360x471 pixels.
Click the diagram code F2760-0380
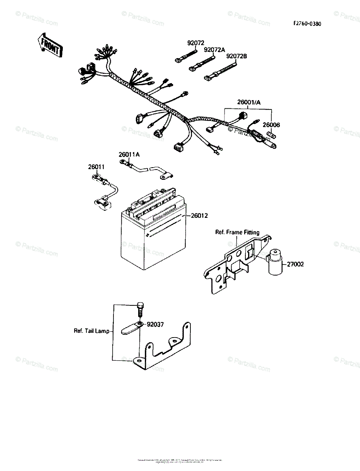[x=307, y=24]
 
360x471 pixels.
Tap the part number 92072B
[x=236, y=57]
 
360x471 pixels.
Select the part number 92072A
[x=214, y=50]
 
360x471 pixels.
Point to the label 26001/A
[x=249, y=102]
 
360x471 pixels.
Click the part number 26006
[x=271, y=125]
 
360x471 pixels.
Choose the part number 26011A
[x=130, y=155]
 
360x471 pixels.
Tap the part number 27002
[x=295, y=265]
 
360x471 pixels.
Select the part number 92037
[x=155, y=325]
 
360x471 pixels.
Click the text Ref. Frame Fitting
[x=237, y=232]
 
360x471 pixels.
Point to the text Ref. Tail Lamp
[x=91, y=331]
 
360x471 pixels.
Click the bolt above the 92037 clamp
[x=141, y=310]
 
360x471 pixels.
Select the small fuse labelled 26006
[x=270, y=135]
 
